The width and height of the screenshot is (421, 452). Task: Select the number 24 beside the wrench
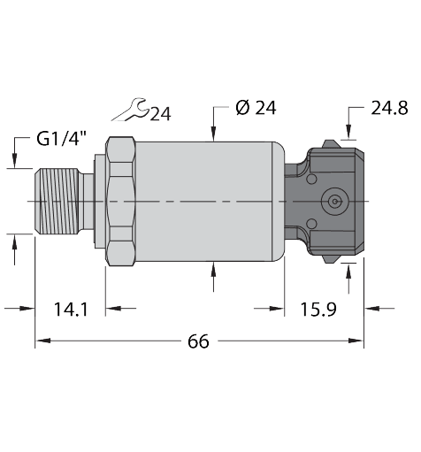coord(160,113)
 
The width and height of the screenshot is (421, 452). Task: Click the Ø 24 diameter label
coord(256,108)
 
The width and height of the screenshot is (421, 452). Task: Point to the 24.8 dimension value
coord(389,108)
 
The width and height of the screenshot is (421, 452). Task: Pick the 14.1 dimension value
coord(69,310)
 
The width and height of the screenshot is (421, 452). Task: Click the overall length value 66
coord(199,341)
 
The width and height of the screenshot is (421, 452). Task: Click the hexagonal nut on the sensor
coord(119,202)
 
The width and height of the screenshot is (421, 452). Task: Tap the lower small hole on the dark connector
coord(311,224)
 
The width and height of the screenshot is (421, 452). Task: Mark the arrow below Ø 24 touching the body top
coord(213,134)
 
